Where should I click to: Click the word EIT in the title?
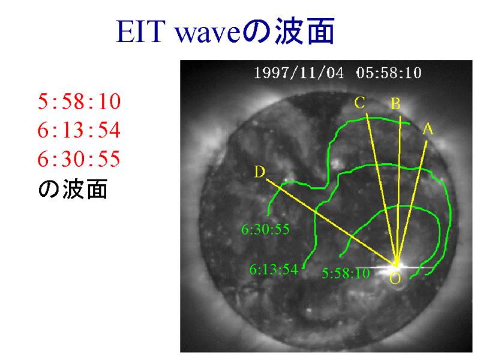[139, 32]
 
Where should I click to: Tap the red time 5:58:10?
[79, 101]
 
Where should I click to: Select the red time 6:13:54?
[79, 130]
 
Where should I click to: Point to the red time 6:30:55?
[79, 158]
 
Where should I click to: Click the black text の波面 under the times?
[73, 189]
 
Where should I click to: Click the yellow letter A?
[428, 129]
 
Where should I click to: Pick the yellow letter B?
[395, 104]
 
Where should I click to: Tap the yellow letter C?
[359, 103]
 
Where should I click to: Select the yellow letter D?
[259, 172]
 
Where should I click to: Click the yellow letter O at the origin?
[395, 278]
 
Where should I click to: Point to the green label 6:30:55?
[265, 229]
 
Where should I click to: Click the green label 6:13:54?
[274, 269]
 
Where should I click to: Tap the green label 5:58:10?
[346, 273]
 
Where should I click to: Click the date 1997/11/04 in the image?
[299, 73]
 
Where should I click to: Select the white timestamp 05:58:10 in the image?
[389, 73]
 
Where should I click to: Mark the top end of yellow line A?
[427, 141]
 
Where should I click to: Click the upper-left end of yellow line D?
[267, 179]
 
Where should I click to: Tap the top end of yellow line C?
[367, 113]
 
